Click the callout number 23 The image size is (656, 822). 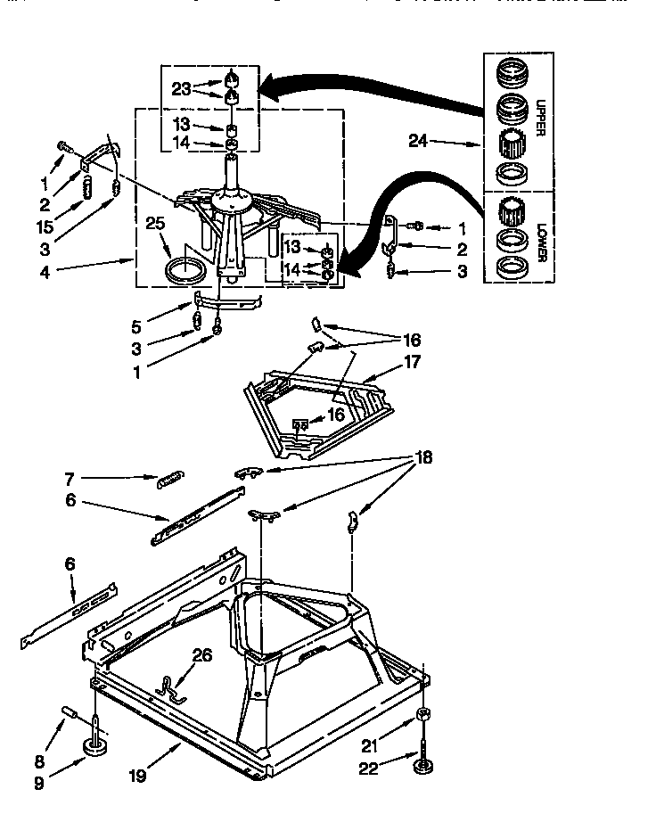click(181, 89)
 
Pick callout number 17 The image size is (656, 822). click(411, 363)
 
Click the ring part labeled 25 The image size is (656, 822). click(185, 271)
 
